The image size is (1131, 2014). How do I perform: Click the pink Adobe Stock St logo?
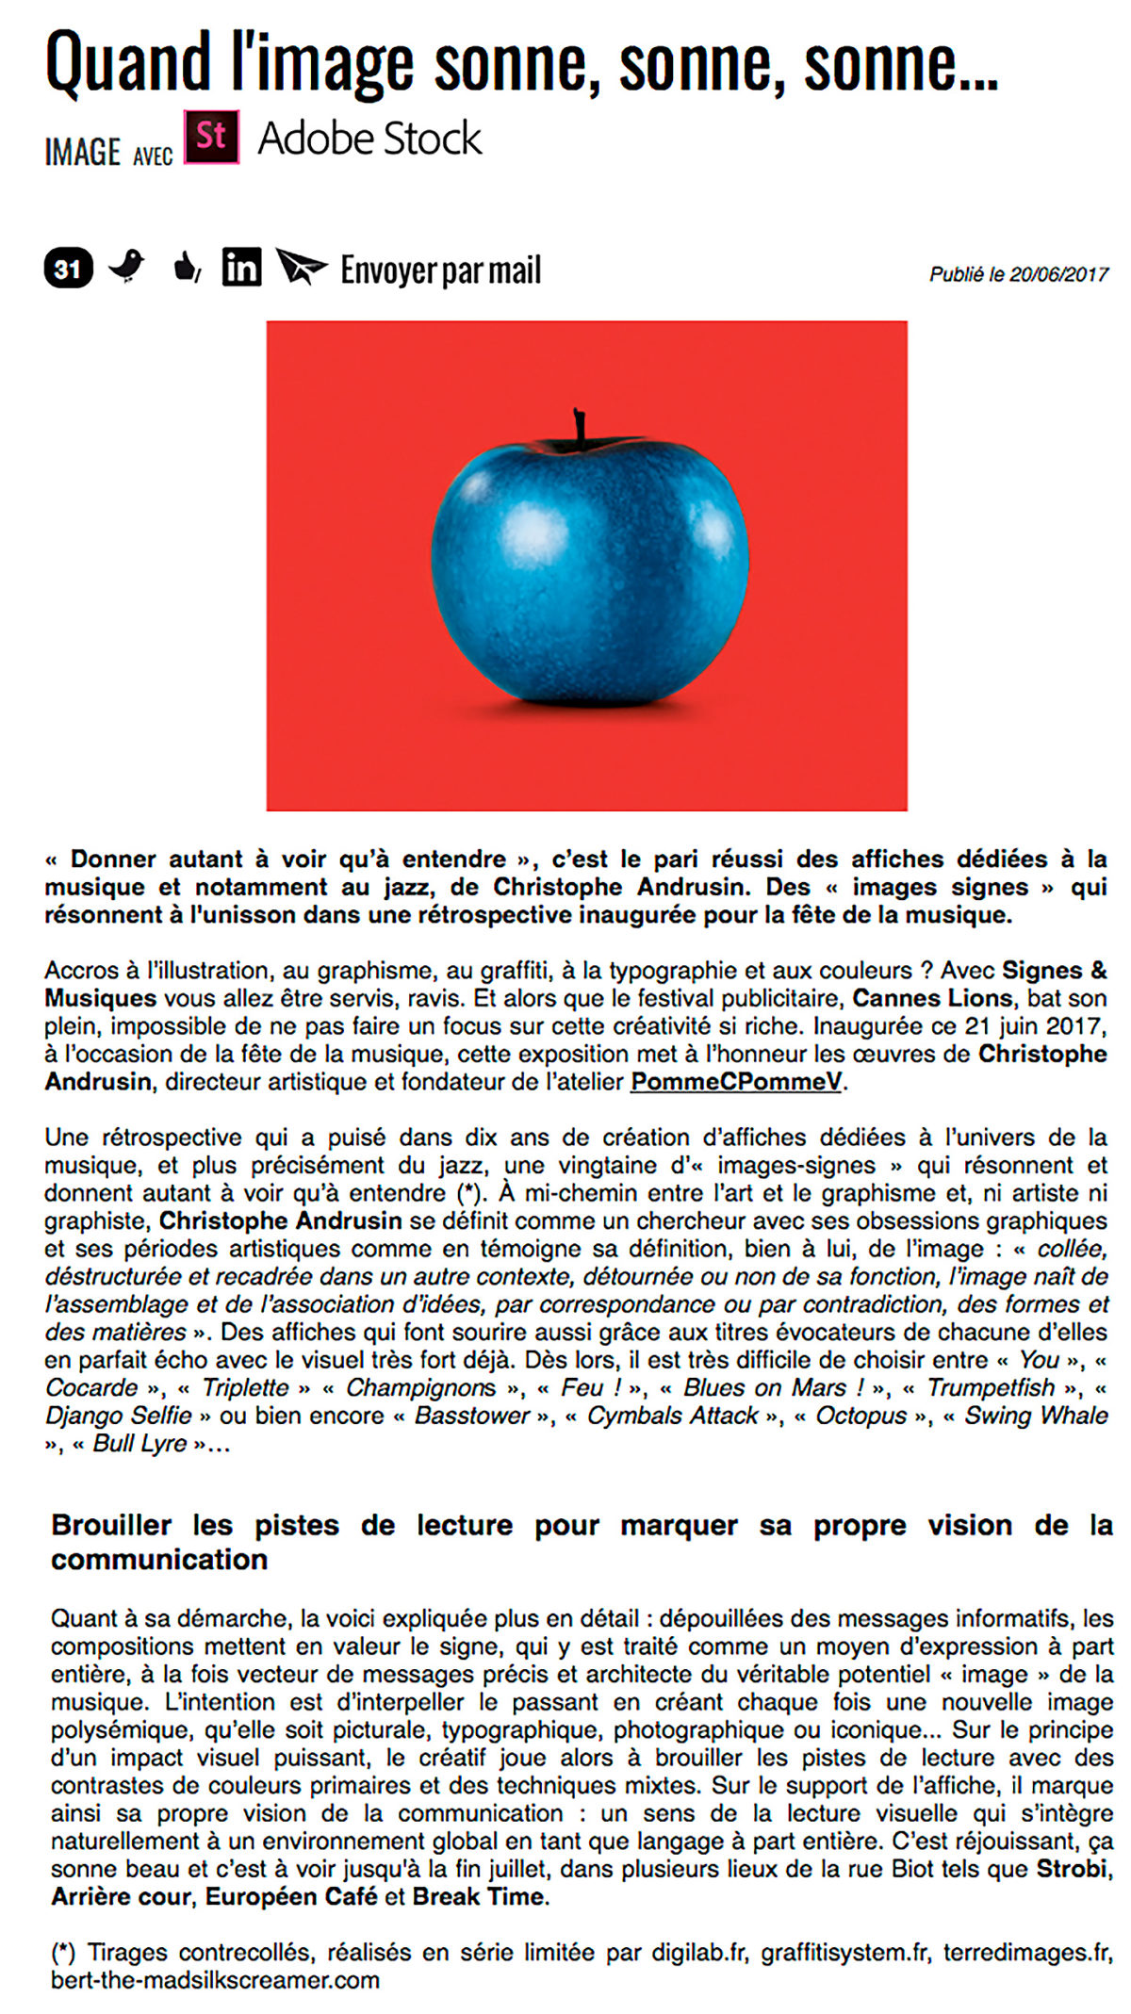211,138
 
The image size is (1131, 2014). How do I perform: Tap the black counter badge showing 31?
68,270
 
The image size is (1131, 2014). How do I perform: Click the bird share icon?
126,267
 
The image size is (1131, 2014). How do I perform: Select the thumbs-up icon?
187,268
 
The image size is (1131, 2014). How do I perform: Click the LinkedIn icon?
241,268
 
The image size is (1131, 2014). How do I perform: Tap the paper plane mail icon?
300,267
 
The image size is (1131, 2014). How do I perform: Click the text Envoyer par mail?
440,270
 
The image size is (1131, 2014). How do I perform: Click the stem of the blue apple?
579,427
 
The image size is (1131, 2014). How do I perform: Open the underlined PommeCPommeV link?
735,1081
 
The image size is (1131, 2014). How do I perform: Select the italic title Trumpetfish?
990,1387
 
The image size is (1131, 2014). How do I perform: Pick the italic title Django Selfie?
118,1416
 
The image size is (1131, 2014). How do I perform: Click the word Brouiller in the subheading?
111,1525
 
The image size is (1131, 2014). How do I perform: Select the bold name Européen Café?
291,1896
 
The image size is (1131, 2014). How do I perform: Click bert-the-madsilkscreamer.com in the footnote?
215,1979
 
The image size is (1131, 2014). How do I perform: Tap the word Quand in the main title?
128,64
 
